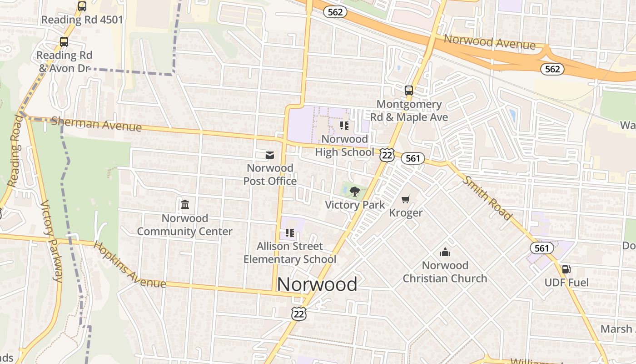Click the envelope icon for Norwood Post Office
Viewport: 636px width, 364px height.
(270, 155)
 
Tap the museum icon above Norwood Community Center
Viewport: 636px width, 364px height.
(185, 205)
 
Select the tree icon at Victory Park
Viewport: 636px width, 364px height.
(355, 191)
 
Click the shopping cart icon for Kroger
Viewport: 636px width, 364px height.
(406, 199)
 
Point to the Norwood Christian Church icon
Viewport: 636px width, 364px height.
(445, 252)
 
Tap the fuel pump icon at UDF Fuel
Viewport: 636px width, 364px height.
(566, 269)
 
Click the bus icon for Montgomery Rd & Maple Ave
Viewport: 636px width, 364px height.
(409, 90)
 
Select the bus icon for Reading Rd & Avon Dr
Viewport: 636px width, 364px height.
(64, 42)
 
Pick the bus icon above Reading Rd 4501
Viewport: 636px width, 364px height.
(82, 6)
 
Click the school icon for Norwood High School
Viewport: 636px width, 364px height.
(344, 125)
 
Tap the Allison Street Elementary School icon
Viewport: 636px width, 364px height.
(290, 233)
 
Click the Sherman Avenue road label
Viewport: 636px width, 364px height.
(96, 123)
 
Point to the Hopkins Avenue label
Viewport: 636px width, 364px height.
(129, 264)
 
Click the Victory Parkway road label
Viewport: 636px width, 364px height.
(52, 241)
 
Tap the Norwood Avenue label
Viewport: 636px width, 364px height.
(489, 42)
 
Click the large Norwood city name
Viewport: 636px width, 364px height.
(317, 284)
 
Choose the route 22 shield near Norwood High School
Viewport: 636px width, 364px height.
(387, 155)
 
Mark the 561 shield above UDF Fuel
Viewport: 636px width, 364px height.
(542, 248)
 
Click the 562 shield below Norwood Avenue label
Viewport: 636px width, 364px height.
(552, 69)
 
